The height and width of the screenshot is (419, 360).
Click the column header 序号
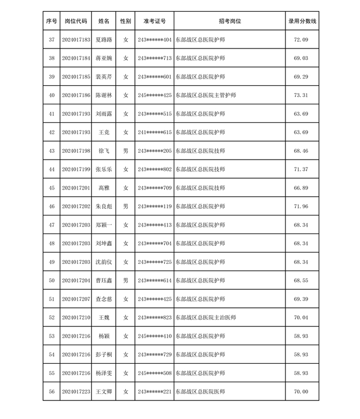click(x=51, y=21)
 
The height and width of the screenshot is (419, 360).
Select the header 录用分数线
click(x=302, y=21)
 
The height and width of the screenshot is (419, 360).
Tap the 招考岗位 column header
click(x=229, y=21)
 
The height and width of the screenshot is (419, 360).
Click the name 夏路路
click(x=104, y=40)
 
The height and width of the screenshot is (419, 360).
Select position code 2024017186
click(x=76, y=95)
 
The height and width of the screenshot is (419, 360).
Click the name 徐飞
click(x=104, y=151)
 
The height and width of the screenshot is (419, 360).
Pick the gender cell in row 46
click(x=125, y=206)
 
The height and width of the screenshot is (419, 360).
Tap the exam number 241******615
click(x=154, y=133)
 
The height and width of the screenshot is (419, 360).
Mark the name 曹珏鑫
click(x=104, y=280)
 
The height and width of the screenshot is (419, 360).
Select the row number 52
click(x=51, y=317)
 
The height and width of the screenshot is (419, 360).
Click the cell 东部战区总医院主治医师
click(x=205, y=317)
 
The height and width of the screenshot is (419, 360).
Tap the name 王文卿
click(x=104, y=391)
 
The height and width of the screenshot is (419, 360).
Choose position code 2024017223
click(x=76, y=391)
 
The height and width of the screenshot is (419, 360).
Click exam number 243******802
click(x=154, y=169)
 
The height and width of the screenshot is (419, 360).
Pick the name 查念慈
click(x=104, y=299)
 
